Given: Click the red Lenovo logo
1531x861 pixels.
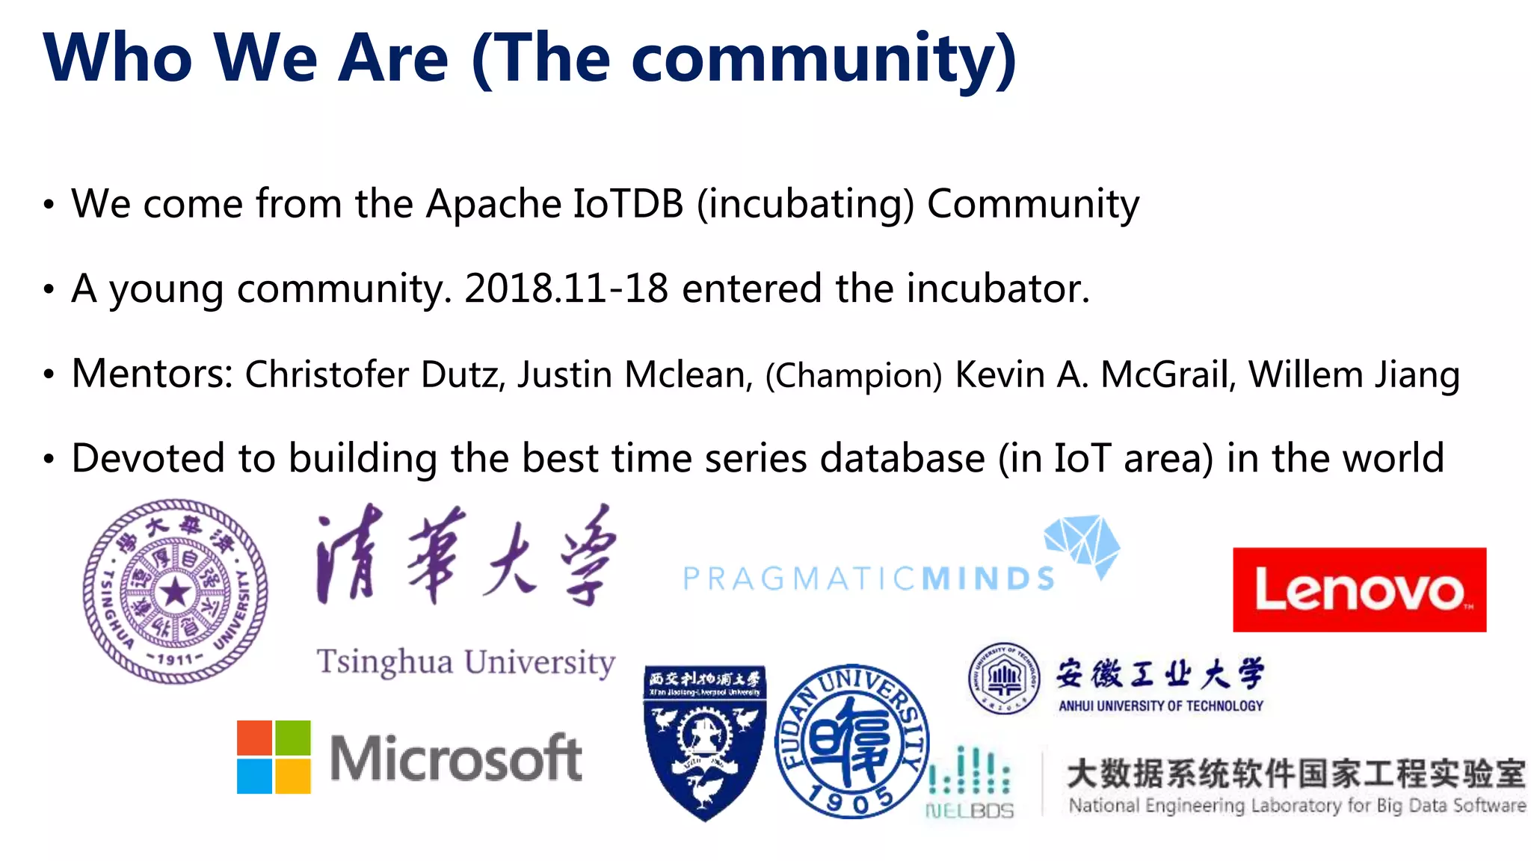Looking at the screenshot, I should tap(1358, 590).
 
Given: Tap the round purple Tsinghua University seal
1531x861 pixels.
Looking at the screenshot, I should tap(175, 591).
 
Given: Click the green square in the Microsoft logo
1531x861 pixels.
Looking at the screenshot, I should tap(292, 738).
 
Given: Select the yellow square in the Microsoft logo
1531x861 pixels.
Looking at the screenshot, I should tap(292, 776).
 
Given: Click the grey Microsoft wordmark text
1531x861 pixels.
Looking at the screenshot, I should tap(455, 758).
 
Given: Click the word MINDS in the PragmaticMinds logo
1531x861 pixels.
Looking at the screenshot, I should tap(988, 579).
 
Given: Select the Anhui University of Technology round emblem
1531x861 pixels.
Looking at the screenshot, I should tap(1004, 679).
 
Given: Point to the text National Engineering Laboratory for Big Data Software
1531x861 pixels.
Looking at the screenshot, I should tap(1296, 806).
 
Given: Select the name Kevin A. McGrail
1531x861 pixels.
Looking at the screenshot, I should tap(1092, 374).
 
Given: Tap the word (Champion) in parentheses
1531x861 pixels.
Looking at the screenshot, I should tap(853, 376).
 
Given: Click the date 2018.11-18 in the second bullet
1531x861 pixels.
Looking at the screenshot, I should tap(566, 288).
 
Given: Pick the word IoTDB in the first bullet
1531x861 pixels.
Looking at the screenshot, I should tap(628, 204).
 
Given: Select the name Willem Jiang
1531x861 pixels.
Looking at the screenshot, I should tap(1354, 374).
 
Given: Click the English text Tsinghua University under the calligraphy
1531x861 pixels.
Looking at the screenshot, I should tap(466, 662).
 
